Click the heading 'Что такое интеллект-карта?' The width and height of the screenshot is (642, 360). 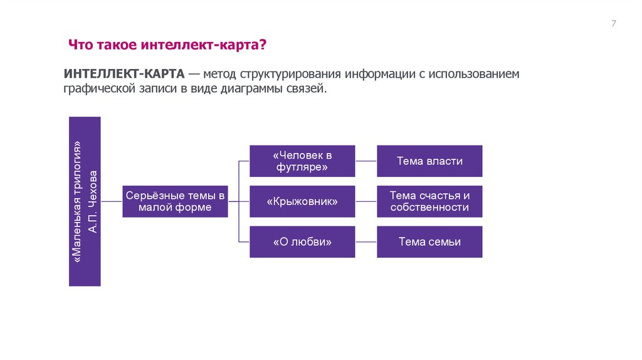coord(167,45)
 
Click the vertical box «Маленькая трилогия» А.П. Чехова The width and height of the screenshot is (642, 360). coord(85,201)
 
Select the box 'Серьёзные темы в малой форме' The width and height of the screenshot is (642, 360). coord(176,201)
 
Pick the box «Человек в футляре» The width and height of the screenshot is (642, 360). coord(302,161)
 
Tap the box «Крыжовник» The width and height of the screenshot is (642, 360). coord(302,201)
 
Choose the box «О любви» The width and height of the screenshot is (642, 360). coord(302,241)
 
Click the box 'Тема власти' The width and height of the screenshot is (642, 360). coord(429,161)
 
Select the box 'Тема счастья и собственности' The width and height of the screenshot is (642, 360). coord(429,201)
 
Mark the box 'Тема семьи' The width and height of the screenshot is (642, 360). coord(429,241)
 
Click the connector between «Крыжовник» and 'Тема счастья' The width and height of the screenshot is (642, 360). coord(366,201)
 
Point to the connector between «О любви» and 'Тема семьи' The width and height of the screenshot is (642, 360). coord(366,241)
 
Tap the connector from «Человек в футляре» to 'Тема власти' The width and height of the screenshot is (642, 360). coord(366,161)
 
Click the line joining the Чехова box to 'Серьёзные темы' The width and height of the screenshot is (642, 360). coord(112,201)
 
